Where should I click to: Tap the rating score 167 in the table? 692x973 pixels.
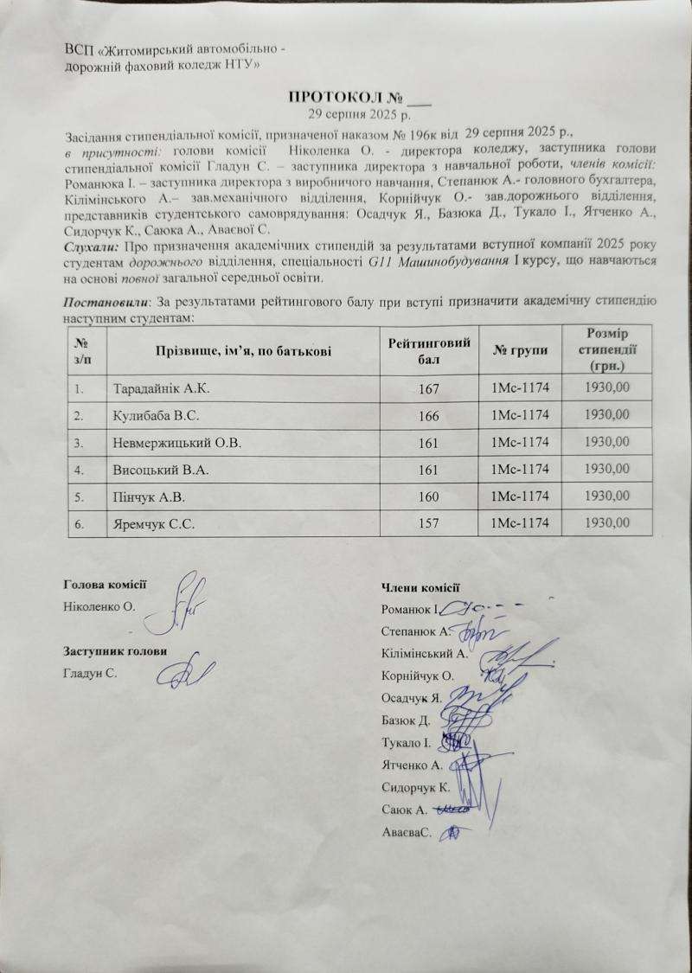[x=428, y=391]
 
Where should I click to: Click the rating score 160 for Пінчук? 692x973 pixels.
[x=428, y=497]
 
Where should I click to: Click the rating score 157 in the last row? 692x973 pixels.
[x=428, y=524]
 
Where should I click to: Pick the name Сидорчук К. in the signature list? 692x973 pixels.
[x=415, y=787]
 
